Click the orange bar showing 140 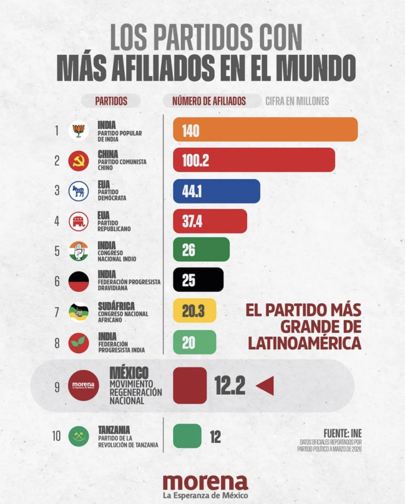(x=265, y=130)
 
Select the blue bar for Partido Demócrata (x=217, y=191)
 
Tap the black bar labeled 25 (x=198, y=280)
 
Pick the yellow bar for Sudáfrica (x=194, y=311)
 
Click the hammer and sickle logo (x=78, y=161)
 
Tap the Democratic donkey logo (x=78, y=191)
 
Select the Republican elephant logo (x=78, y=221)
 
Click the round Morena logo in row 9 (x=83, y=386)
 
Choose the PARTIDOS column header (x=111, y=101)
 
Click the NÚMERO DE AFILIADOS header (x=209, y=101)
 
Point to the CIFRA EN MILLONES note (x=297, y=101)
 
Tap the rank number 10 (x=57, y=436)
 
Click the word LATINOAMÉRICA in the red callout (x=304, y=343)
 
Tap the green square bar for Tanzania (x=187, y=436)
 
